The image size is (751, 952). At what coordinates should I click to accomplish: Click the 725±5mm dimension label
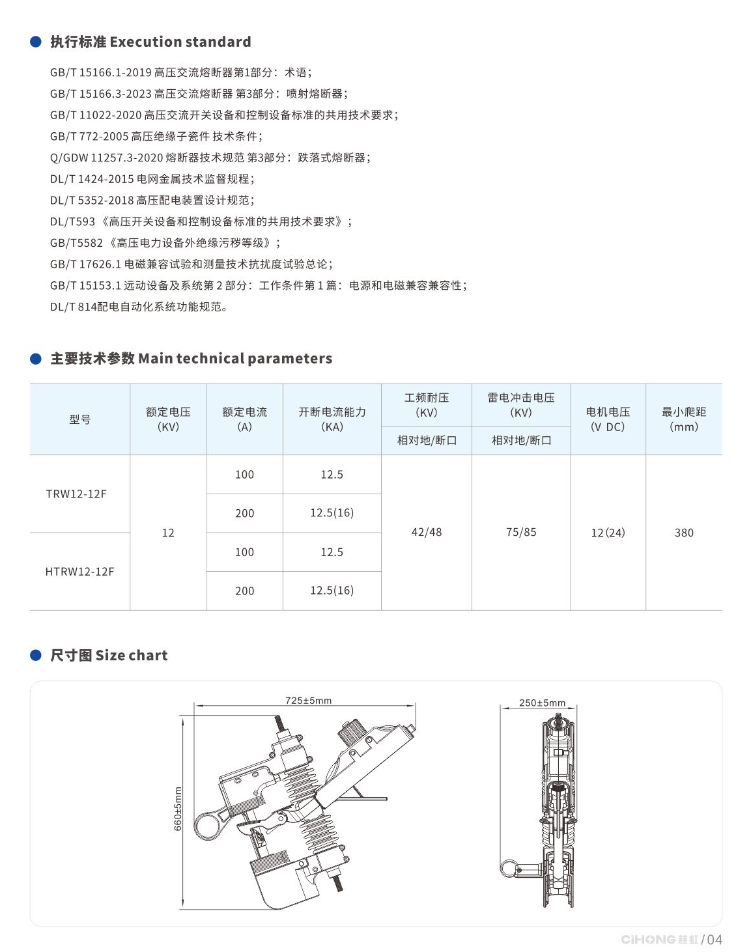(308, 701)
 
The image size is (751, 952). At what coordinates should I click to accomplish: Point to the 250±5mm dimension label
(542, 703)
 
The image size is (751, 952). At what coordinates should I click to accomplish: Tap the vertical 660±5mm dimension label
(178, 809)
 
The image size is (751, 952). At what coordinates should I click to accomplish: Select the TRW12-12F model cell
(76, 494)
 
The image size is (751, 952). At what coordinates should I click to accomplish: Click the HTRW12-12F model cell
(79, 572)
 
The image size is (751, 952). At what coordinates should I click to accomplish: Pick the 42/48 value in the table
(427, 533)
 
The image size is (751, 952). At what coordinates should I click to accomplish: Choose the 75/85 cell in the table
(521, 533)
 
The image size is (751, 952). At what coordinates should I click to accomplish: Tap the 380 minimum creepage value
(684, 533)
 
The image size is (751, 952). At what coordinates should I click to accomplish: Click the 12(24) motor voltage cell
(608, 533)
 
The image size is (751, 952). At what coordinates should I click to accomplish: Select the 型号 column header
(79, 419)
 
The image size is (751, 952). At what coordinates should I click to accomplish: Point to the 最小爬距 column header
(684, 419)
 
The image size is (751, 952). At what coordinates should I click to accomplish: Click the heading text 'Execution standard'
(180, 42)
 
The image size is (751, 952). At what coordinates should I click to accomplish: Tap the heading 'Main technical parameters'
(235, 359)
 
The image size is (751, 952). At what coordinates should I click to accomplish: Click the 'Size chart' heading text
(131, 656)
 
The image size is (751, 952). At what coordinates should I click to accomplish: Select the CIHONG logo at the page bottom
(659, 939)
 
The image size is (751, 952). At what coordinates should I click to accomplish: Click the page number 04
(715, 939)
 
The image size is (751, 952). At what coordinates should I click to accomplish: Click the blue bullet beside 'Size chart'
(36, 655)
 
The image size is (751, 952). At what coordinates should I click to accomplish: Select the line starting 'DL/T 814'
(139, 307)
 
